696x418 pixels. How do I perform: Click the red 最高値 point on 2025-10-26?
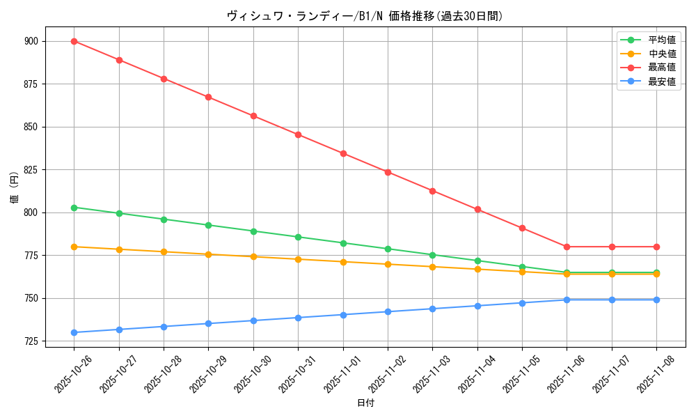pyautogui.click(x=74, y=41)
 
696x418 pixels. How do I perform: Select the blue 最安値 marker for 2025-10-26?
pyautogui.click(x=74, y=332)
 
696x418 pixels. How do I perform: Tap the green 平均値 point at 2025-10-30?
pyautogui.click(x=253, y=231)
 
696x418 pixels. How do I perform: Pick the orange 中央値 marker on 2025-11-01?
pyautogui.click(x=343, y=262)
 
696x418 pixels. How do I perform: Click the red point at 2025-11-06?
pyautogui.click(x=567, y=247)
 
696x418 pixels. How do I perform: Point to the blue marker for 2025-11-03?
pyautogui.click(x=432, y=309)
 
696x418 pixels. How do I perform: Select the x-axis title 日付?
pyautogui.click(x=365, y=403)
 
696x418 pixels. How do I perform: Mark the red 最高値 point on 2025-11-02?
pyautogui.click(x=388, y=172)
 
